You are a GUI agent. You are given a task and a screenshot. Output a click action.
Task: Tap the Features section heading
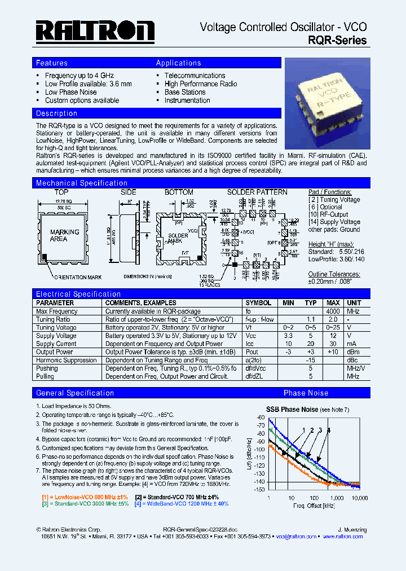52,63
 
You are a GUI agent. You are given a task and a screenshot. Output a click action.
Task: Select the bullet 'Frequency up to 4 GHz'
79,76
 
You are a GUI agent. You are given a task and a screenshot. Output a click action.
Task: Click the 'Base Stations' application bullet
184,92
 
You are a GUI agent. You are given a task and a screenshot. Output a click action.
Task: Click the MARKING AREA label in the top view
64,235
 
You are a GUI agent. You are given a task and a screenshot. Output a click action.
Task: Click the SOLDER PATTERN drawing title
257,192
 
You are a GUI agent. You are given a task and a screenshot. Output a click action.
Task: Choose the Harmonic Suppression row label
66,360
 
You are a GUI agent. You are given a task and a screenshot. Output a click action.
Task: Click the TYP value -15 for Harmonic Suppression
310,360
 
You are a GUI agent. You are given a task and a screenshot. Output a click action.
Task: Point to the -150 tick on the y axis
260,490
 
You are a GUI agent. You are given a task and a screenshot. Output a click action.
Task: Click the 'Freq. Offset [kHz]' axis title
314,506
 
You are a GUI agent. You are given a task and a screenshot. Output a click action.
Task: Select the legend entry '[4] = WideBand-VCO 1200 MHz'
182,503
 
